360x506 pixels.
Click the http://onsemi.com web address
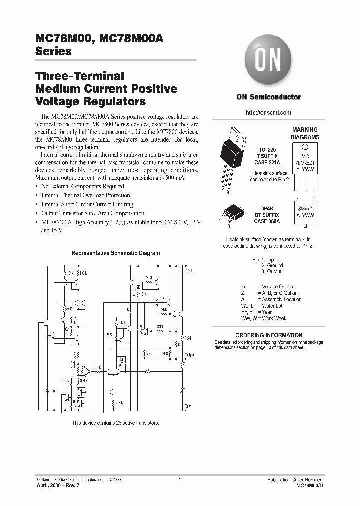pos(268,113)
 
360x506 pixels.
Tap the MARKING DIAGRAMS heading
pos(305,133)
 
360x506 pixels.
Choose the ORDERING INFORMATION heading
pos(268,335)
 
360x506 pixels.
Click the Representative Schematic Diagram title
pos(116,253)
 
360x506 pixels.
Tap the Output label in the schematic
pos(189,354)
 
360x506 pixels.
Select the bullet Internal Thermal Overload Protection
pos(85,195)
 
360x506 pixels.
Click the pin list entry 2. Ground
pos(272,266)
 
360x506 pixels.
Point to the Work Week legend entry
pos(264,318)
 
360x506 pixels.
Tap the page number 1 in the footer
pos(179,480)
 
